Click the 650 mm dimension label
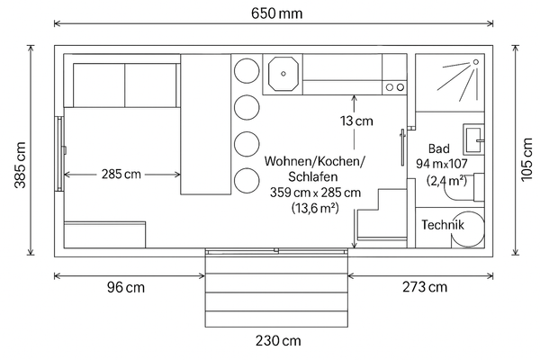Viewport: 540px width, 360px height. click(x=277, y=13)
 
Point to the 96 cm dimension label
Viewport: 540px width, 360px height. click(x=126, y=288)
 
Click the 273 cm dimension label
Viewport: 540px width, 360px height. click(x=424, y=288)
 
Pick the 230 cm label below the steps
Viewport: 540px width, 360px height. click(x=278, y=341)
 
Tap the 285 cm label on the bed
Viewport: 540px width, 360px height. click(x=121, y=174)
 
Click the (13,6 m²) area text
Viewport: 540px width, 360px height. click(x=315, y=208)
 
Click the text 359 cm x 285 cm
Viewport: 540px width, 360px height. click(x=315, y=193)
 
